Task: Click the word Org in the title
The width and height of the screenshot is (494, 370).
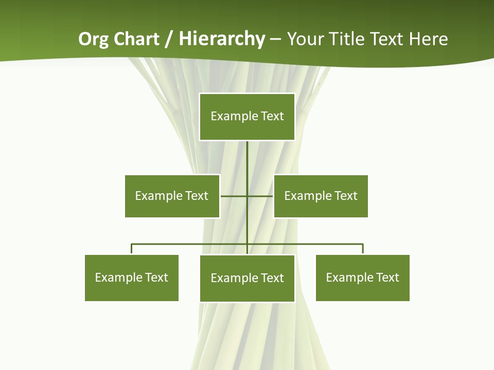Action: [x=93, y=39]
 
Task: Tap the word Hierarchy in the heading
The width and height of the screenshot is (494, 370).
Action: [x=222, y=39]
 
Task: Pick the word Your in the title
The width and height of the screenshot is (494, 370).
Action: [x=306, y=39]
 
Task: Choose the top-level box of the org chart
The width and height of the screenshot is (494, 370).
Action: [x=247, y=117]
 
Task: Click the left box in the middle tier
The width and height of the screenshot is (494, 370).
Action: [x=172, y=196]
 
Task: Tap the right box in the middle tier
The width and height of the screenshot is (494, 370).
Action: [x=321, y=196]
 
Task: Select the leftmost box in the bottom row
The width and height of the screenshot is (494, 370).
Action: [x=131, y=277]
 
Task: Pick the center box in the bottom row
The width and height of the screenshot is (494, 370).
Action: [x=247, y=278]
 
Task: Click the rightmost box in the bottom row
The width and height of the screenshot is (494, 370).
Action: [x=362, y=277]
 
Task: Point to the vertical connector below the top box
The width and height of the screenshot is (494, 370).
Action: [x=247, y=159]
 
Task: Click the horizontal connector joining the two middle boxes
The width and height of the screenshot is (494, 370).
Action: [x=234, y=196]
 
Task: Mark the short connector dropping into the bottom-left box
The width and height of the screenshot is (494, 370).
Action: [x=132, y=249]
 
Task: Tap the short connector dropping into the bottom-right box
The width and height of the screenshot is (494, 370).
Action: [x=363, y=249]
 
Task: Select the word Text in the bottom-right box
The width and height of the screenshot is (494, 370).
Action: [x=387, y=277]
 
